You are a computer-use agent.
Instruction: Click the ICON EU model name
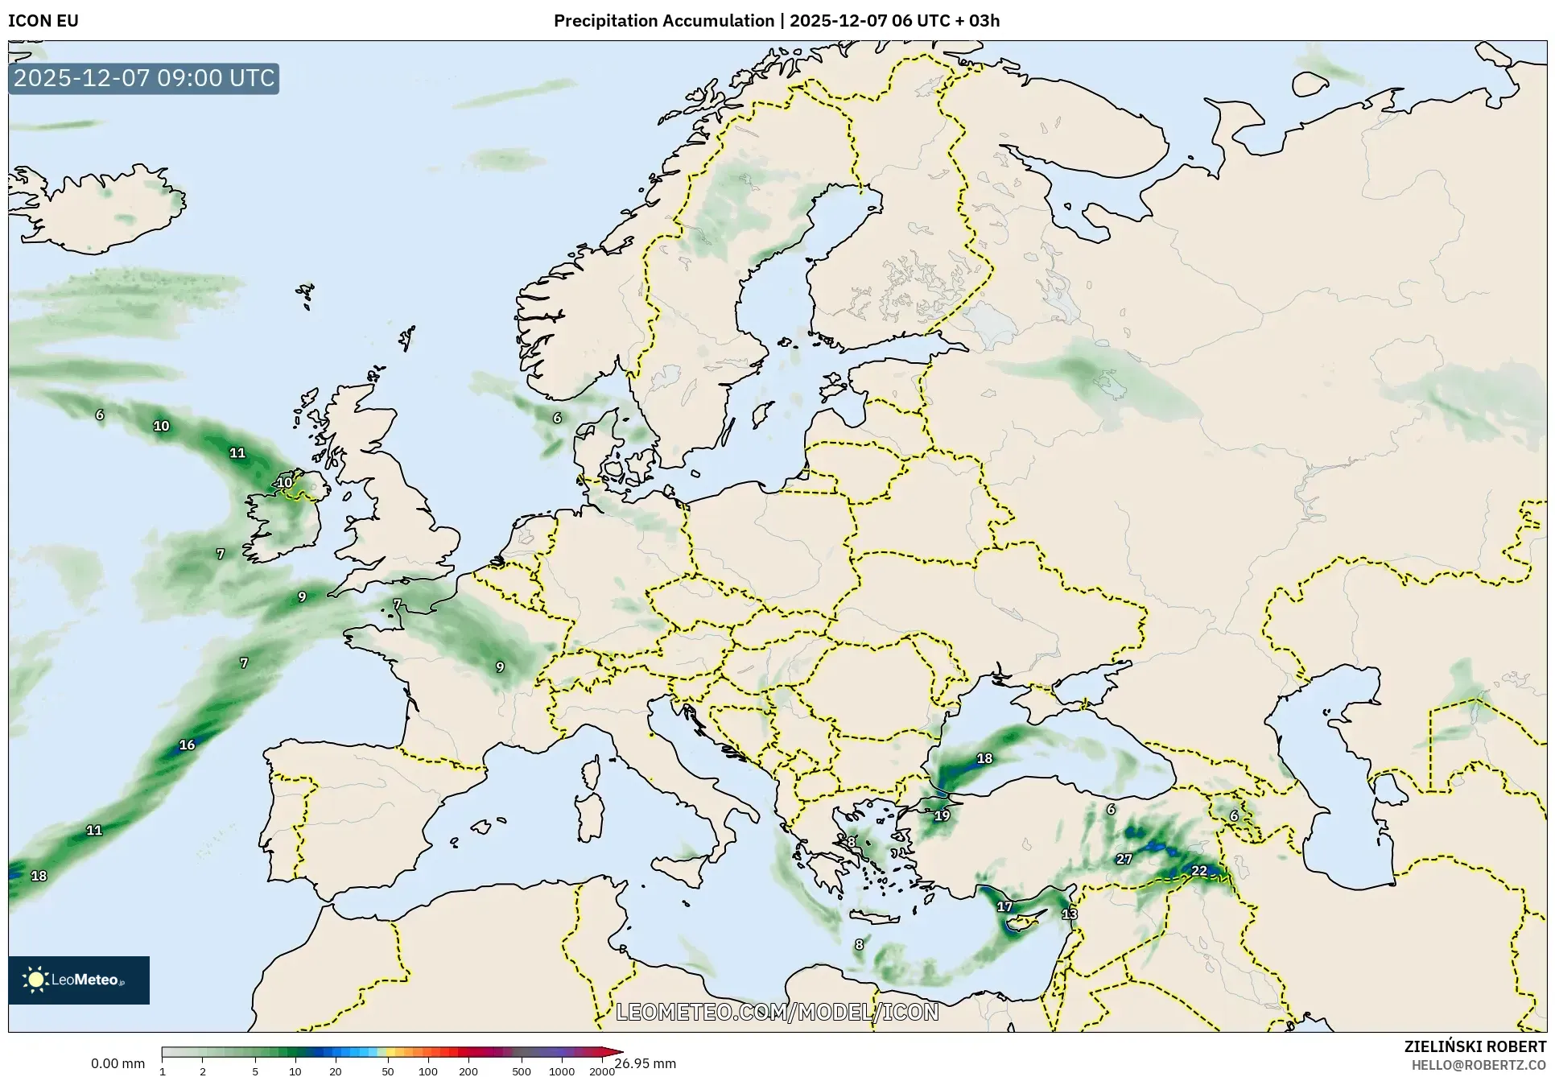click(x=43, y=21)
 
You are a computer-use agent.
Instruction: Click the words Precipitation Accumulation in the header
click(x=663, y=21)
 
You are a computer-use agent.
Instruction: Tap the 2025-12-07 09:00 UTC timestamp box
click(x=144, y=79)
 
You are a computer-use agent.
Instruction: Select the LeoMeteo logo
click(x=79, y=980)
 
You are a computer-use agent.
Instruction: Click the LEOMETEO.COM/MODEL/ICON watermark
click(x=777, y=1012)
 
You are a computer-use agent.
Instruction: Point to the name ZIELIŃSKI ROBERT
click(x=1475, y=1047)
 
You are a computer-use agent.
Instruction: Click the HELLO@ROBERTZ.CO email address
click(x=1479, y=1065)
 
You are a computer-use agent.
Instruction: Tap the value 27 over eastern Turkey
click(x=1124, y=860)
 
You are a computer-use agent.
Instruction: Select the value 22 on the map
click(x=1199, y=871)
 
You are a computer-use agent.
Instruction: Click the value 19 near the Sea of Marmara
click(x=942, y=816)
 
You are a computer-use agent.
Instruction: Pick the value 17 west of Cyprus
click(x=1004, y=907)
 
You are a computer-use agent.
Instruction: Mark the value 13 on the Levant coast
click(x=1069, y=914)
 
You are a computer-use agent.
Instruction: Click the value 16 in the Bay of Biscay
click(x=187, y=745)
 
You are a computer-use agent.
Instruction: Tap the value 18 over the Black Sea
click(x=984, y=758)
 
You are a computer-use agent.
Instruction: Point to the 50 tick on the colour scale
click(x=388, y=1071)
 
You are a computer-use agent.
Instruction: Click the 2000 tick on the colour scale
click(x=602, y=1071)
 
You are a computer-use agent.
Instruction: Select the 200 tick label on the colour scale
click(x=468, y=1071)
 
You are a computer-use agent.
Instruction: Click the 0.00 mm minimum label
click(x=118, y=1064)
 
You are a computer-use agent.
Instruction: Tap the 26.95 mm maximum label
click(x=646, y=1064)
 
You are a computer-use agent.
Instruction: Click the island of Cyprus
click(x=1026, y=922)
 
